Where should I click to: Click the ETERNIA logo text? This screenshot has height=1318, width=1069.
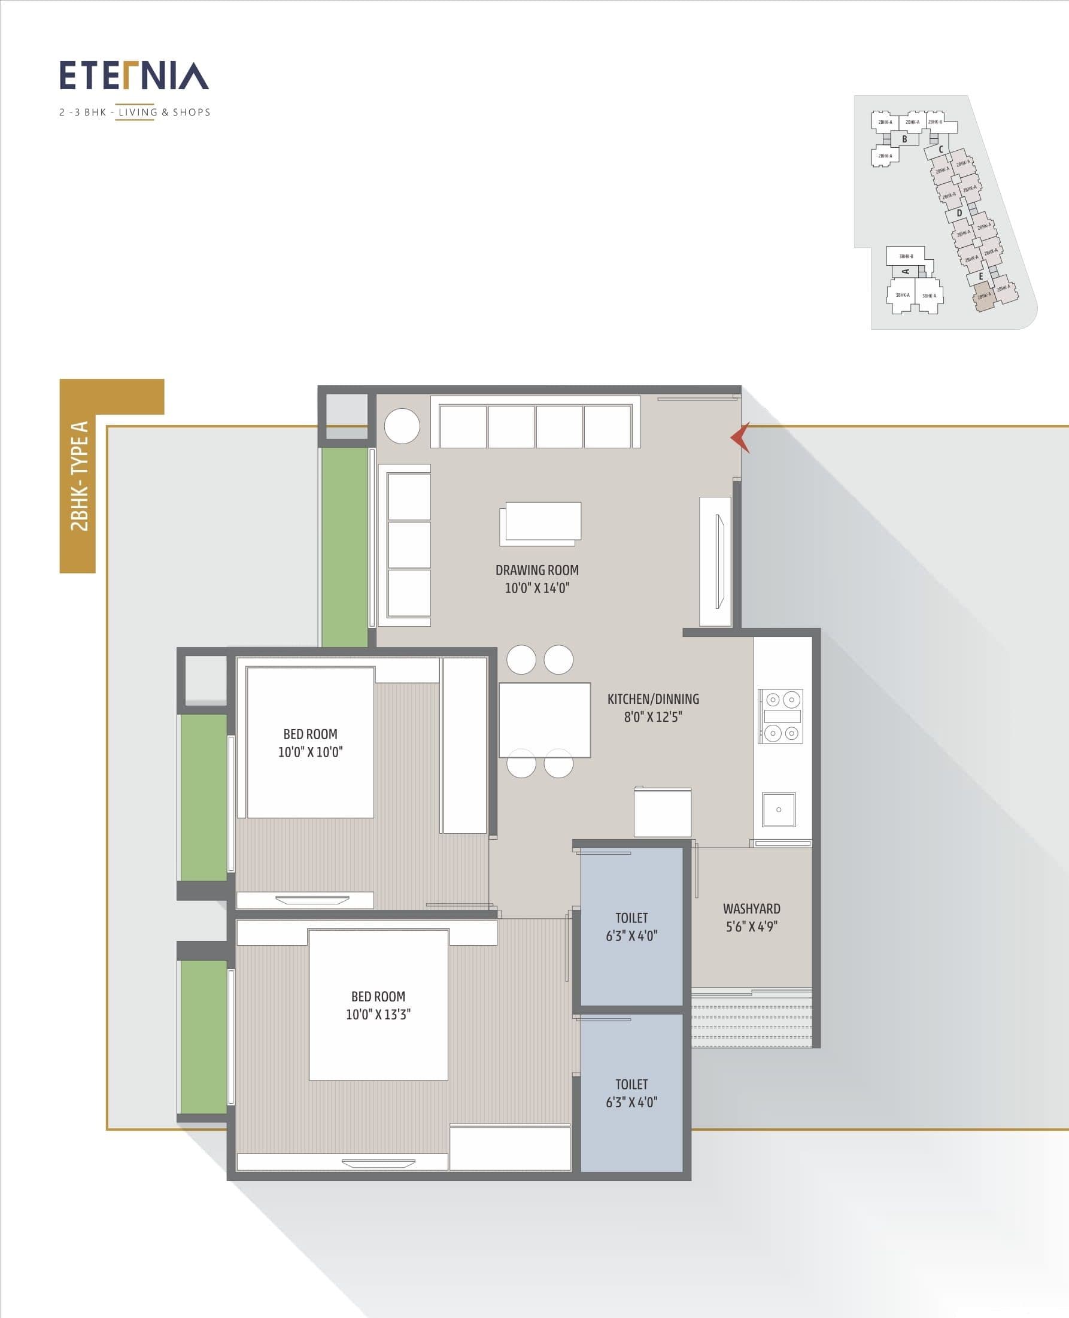tap(133, 76)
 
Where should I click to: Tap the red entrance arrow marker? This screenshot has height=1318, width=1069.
tap(741, 438)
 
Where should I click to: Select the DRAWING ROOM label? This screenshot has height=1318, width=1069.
tap(537, 570)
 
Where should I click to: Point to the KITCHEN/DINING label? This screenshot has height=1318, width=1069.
tap(653, 699)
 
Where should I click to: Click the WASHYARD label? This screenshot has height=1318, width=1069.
tap(751, 909)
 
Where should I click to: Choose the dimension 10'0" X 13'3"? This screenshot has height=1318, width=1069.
tap(378, 1015)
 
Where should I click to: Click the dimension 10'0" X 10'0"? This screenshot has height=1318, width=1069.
tap(311, 752)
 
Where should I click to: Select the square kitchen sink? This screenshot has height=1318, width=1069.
tap(778, 809)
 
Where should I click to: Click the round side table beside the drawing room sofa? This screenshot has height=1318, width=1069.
tap(402, 426)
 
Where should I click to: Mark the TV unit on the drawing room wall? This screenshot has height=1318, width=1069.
tap(716, 561)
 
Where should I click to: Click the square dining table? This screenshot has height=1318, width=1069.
tap(544, 720)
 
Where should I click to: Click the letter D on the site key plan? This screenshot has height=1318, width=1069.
tap(959, 213)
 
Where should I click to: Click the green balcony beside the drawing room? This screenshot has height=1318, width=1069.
tap(344, 547)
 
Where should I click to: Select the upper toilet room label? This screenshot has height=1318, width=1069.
tap(631, 918)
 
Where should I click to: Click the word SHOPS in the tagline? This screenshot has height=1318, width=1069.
tap(192, 112)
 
